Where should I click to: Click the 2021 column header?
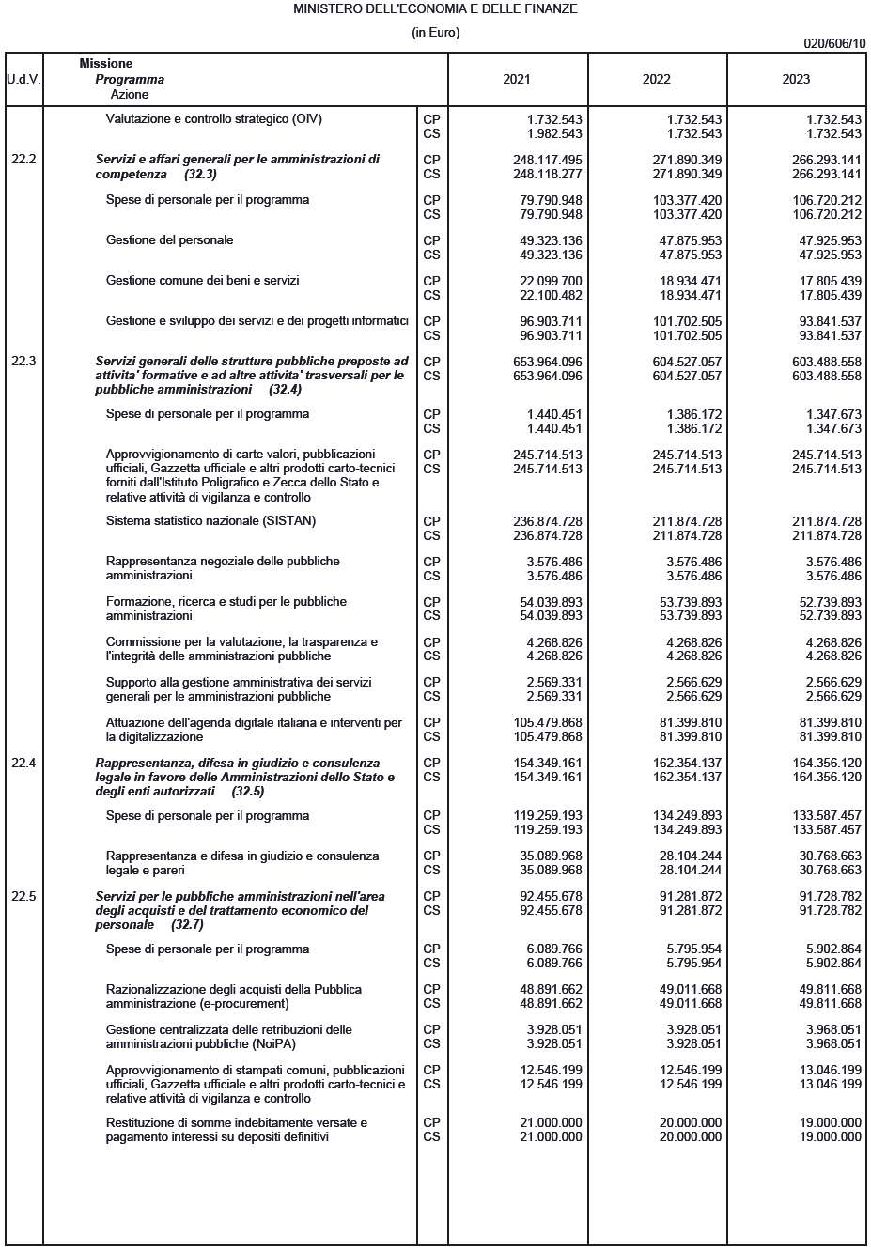click(516, 80)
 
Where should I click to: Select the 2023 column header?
click(795, 80)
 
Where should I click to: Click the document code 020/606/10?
click(834, 43)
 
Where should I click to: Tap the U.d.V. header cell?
click(23, 80)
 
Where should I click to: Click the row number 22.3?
click(23, 362)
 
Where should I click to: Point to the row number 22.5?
click(23, 897)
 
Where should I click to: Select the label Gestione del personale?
click(169, 240)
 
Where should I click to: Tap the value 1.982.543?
click(554, 134)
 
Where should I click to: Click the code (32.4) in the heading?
click(285, 390)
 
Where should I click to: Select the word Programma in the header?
click(130, 80)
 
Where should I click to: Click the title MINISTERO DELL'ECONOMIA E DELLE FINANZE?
click(435, 9)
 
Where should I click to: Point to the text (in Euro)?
click(435, 33)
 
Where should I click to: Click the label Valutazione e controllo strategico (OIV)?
click(214, 119)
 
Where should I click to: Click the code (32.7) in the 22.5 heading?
click(187, 925)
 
